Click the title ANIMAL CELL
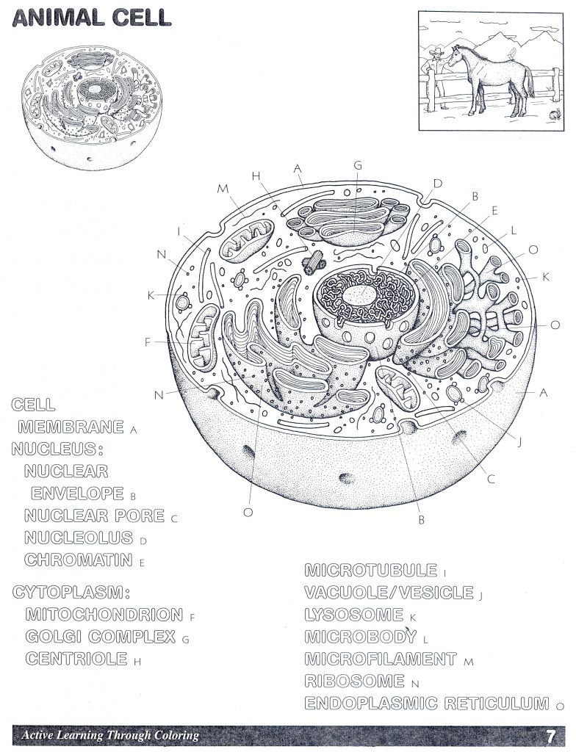98,18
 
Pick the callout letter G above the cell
358,165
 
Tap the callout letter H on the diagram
256,176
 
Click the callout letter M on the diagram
223,189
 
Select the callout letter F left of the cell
148,341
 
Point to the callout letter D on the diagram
437,183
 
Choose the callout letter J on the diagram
519,442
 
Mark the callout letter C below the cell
491,480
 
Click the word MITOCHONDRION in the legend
104,615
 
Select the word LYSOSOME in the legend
355,615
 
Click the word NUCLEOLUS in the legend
79,538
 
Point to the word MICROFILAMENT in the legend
381,659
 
